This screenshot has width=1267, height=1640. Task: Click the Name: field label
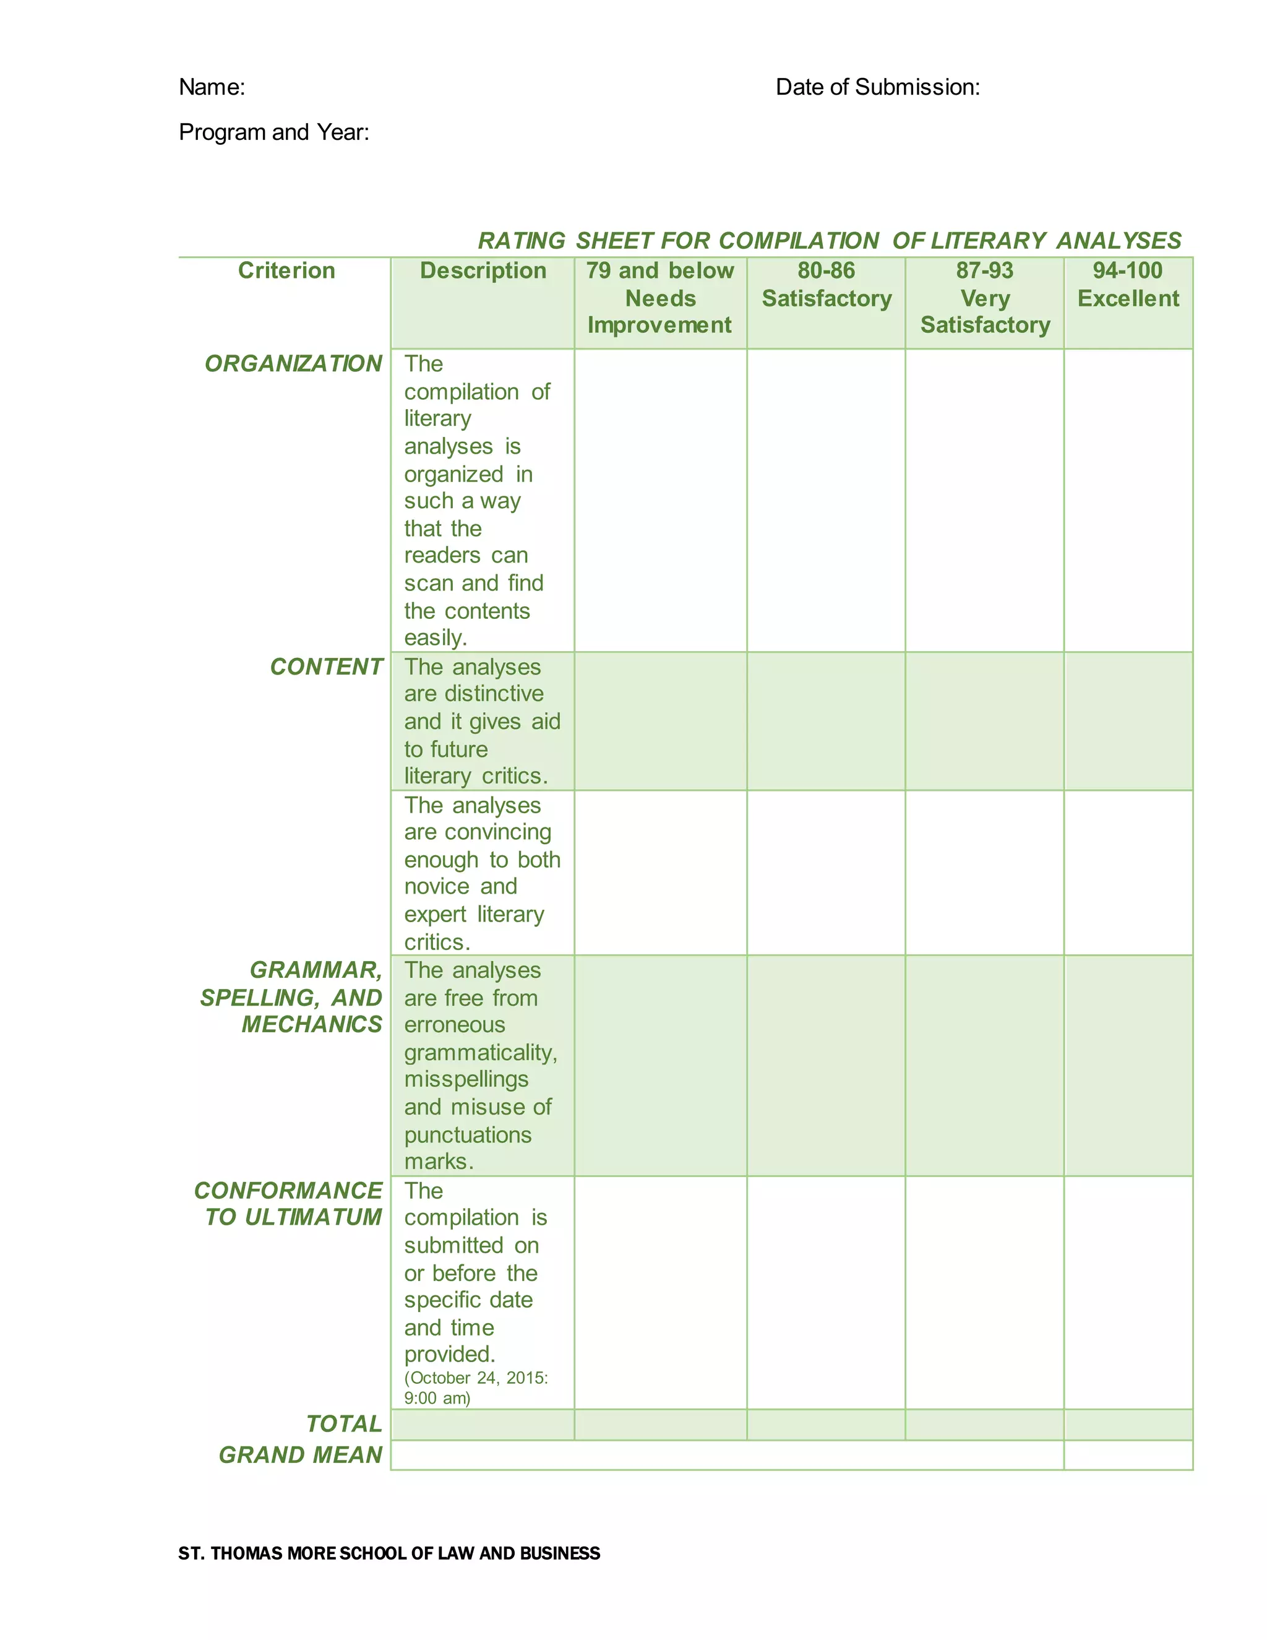click(x=212, y=87)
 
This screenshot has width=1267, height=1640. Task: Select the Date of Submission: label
click(x=877, y=87)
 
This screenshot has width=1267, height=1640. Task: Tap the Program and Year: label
click(x=274, y=132)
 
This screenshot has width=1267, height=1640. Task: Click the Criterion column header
click(x=286, y=270)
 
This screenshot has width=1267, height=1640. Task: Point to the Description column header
click(x=483, y=270)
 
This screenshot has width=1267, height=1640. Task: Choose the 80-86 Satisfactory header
click(x=827, y=285)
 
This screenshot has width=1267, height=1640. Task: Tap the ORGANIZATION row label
click(x=293, y=363)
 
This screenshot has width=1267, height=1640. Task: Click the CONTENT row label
click(x=327, y=667)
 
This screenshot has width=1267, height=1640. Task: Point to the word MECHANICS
click(x=312, y=1024)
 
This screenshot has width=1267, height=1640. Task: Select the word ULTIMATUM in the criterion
click(x=313, y=1217)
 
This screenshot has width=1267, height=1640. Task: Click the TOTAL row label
click(x=345, y=1424)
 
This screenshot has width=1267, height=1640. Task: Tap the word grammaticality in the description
click(x=480, y=1053)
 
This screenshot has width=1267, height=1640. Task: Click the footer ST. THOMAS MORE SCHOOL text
click(x=389, y=1553)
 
